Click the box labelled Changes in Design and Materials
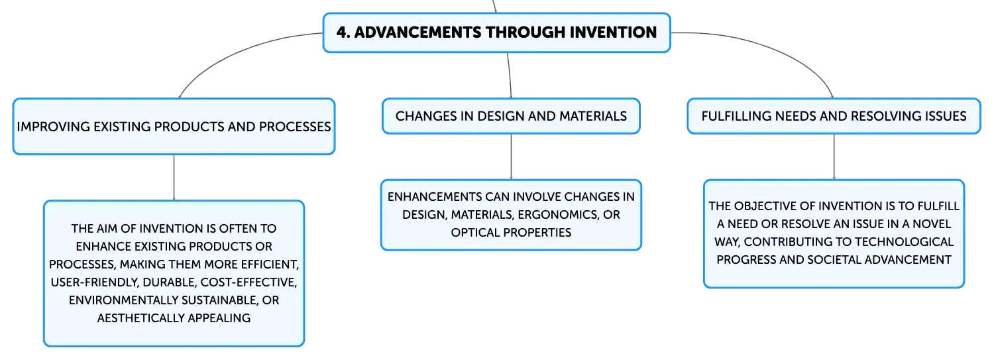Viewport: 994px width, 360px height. coord(511,116)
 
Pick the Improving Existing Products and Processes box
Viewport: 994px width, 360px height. coord(174,127)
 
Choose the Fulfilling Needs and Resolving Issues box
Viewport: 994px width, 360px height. coord(834,116)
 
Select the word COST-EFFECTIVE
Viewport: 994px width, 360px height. coord(248,282)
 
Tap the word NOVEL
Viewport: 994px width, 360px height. coord(931,223)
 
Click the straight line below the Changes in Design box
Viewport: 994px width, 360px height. coord(511,156)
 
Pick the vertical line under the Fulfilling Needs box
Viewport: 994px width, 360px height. coord(834,156)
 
